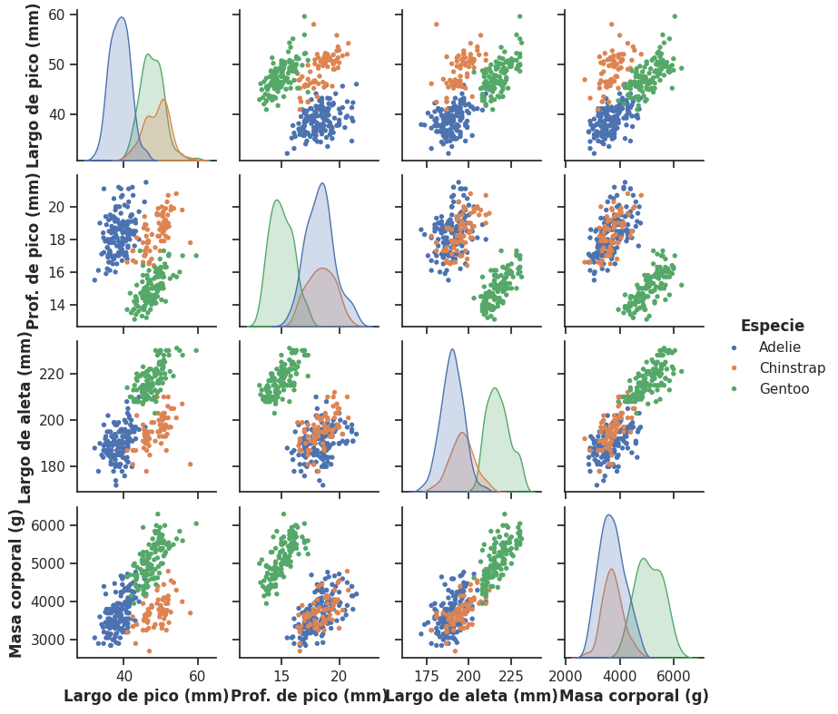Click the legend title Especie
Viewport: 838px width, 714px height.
pos(772,326)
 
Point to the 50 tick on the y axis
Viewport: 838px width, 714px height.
pos(56,64)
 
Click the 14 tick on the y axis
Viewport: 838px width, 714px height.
pos(56,304)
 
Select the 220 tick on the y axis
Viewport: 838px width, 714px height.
pos(53,374)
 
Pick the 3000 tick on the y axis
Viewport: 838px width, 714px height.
pos(48,640)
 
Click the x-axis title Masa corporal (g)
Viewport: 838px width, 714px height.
pos(634,697)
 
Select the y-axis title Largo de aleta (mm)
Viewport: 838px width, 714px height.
pos(25,416)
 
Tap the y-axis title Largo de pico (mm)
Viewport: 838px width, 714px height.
pos(34,86)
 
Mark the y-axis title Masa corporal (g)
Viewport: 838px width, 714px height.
pos(16,582)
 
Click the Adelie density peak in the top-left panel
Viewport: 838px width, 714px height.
pos(122,18)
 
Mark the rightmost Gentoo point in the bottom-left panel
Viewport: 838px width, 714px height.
pos(196,523)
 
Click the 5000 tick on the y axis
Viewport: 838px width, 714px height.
pos(48,563)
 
